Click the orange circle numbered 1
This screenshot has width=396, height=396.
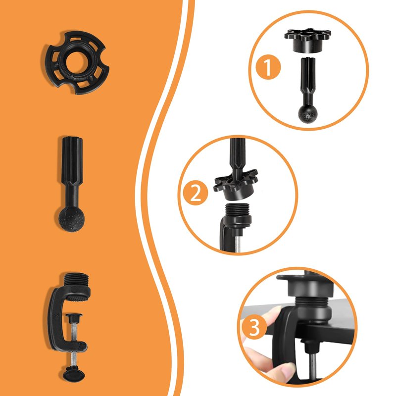(x=268, y=67)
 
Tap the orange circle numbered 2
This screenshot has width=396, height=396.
(x=196, y=193)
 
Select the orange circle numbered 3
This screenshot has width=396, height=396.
(x=254, y=328)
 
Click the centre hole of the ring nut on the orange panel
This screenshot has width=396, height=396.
(x=77, y=62)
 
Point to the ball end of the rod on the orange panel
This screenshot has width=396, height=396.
(x=72, y=219)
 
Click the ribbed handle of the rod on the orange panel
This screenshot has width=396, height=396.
(x=72, y=162)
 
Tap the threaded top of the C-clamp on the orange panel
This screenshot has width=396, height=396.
(x=76, y=280)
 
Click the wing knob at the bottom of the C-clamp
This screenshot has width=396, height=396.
(x=73, y=375)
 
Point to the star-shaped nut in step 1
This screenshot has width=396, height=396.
(x=307, y=40)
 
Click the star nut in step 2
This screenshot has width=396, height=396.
(x=236, y=184)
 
